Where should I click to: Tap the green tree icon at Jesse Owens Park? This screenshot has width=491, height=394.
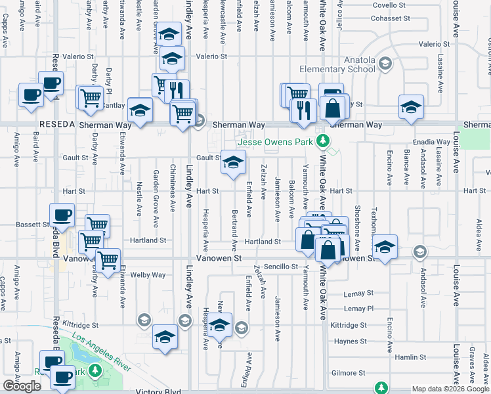tap(322, 141)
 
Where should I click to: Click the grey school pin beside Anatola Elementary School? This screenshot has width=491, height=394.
tap(385, 64)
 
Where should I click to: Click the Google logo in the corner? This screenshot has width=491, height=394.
tap(22, 386)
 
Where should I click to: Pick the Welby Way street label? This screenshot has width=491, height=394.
tap(148, 274)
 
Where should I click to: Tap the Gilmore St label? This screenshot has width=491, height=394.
tap(349, 372)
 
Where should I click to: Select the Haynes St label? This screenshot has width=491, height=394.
tap(350, 341)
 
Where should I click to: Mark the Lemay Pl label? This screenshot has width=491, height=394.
tap(358, 308)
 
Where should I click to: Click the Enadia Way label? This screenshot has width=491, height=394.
tap(430, 142)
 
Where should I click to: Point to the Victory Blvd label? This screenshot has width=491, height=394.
tap(158, 391)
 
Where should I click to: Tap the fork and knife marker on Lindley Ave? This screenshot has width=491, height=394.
tap(177, 92)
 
